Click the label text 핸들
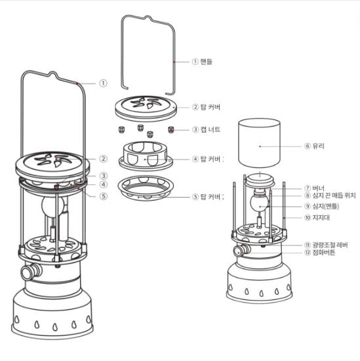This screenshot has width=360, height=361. pyautogui.click(x=207, y=62)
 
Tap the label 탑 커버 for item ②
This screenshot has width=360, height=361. pyautogui.click(x=210, y=106)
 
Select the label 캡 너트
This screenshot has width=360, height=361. pyautogui.click(x=210, y=130)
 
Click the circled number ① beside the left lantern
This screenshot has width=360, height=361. pyautogui.click(x=103, y=83)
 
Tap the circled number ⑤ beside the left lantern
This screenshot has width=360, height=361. pyautogui.click(x=103, y=195)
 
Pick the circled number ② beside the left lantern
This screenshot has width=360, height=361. pyautogui.click(x=103, y=158)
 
